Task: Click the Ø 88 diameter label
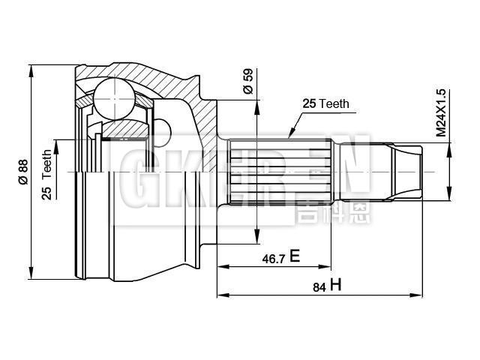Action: pyautogui.click(x=23, y=172)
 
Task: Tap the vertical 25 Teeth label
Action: pyautogui.click(x=46, y=175)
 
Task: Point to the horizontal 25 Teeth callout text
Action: pyautogui.click(x=326, y=104)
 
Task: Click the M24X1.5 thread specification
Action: pyautogui.click(x=441, y=112)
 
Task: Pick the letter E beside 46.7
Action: pyautogui.click(x=295, y=257)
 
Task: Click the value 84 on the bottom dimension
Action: pyautogui.click(x=319, y=286)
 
